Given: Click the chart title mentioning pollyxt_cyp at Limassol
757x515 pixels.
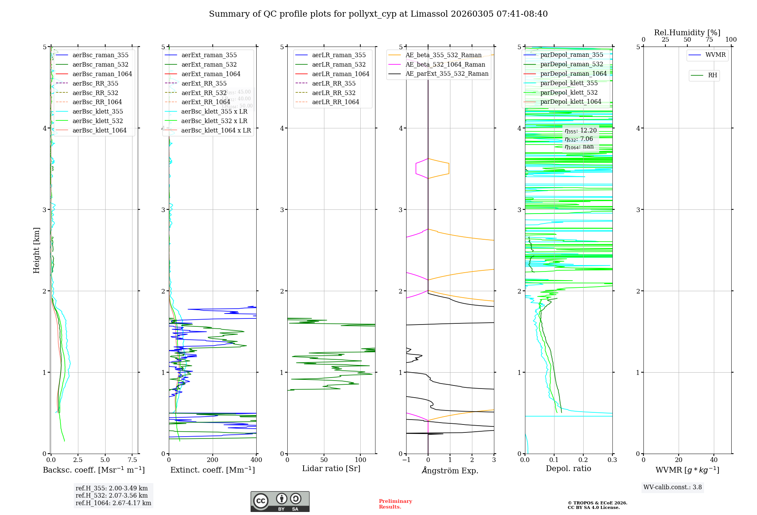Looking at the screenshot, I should tap(378, 14).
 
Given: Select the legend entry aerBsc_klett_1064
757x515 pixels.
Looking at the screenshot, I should tap(99, 130).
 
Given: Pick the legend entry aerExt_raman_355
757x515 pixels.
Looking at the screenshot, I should tap(209, 55).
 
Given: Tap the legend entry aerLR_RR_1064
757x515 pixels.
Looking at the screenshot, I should tap(335, 102).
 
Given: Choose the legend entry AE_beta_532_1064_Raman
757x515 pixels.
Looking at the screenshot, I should tap(445, 64).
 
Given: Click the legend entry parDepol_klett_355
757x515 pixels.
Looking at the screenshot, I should tap(569, 83).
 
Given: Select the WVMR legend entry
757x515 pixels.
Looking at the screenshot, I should tap(715, 55).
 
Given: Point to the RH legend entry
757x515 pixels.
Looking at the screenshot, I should tap(712, 75).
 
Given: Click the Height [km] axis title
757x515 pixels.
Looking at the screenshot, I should tap(36, 250).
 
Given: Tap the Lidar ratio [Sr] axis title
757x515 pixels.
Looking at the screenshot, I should tap(331, 468).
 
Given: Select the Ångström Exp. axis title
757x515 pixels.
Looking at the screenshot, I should tap(450, 470).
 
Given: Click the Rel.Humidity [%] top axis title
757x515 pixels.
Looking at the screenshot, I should tap(687, 33).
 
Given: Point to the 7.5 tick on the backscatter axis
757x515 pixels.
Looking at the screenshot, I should tap(132, 460).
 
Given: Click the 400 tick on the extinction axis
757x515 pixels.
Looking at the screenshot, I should tap(256, 460).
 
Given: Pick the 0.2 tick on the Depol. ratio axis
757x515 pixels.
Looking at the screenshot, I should tap(583, 460).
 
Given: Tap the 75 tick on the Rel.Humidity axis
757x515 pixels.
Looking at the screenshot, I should tap(709, 39).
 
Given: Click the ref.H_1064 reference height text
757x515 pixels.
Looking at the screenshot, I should tap(113, 503).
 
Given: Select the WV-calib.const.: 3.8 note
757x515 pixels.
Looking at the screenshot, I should tap(673, 487).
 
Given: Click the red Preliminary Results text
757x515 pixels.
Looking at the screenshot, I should tap(395, 504).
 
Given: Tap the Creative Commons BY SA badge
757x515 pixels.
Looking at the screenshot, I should tap(280, 502).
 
